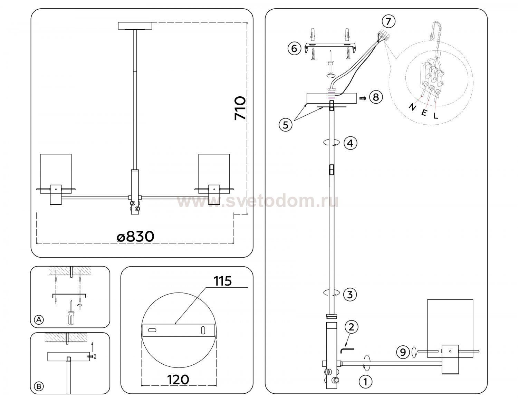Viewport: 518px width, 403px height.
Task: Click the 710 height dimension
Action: (240, 108)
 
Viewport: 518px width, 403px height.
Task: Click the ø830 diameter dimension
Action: (136, 237)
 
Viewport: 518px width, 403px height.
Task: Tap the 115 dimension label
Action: (223, 281)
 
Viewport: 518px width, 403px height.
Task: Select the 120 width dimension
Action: (178, 380)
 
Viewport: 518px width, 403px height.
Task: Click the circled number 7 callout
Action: (388, 22)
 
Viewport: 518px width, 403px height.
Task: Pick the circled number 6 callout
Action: (295, 49)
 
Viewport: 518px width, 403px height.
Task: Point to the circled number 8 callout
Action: (376, 97)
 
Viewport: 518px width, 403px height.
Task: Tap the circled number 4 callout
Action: (350, 143)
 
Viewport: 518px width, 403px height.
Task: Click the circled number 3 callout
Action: (350, 295)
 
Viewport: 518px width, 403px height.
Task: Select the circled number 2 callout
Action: (351, 327)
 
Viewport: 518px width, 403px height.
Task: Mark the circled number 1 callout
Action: (365, 382)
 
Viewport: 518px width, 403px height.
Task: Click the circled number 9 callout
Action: (403, 352)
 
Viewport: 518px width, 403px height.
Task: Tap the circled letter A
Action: (39, 319)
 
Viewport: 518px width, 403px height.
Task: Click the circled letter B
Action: (39, 386)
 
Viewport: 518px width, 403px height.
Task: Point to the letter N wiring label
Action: (412, 107)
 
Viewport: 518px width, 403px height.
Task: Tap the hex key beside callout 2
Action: (347, 350)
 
